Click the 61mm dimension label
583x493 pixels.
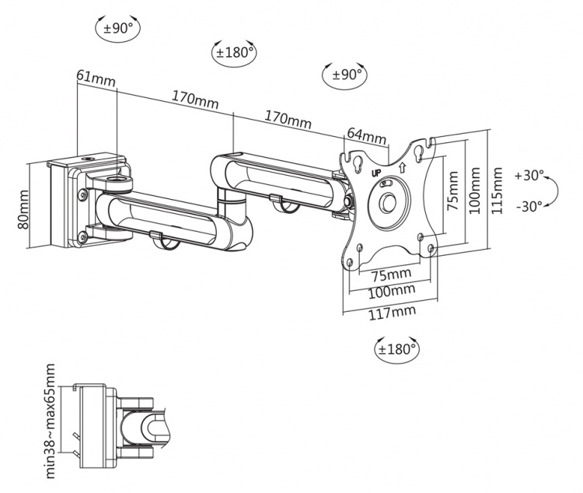pyautogui.click(x=92, y=76)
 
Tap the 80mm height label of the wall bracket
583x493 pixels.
pyautogui.click(x=23, y=210)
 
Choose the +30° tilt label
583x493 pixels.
pyautogui.click(x=529, y=176)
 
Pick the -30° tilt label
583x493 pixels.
pyautogui.click(x=529, y=206)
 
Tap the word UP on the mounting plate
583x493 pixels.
pyautogui.click(x=376, y=172)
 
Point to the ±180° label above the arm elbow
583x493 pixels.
pyautogui.click(x=235, y=53)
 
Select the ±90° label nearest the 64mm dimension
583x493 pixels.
pyautogui.click(x=344, y=75)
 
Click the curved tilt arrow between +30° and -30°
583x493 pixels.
pyautogui.click(x=551, y=191)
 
